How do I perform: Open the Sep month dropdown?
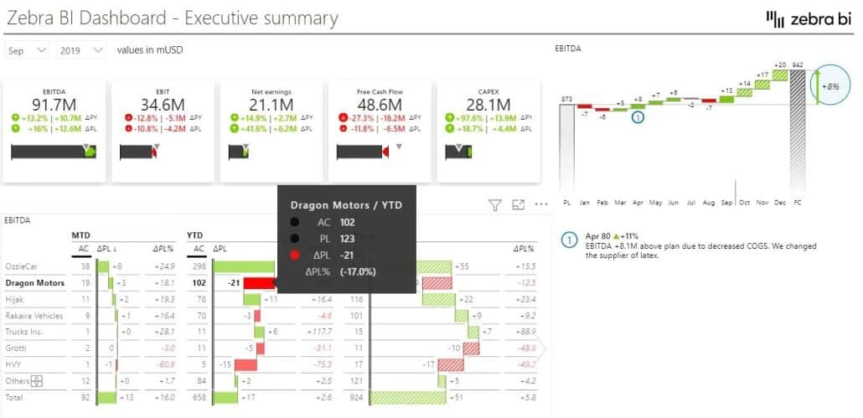28,50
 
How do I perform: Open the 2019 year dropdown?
81,50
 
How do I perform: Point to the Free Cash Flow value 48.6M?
380,105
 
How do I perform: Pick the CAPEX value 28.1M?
488,105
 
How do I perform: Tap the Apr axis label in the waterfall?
638,202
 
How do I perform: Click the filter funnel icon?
494,204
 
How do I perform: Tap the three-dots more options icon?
540,204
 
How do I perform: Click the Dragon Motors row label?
34,283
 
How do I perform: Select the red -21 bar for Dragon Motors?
259,283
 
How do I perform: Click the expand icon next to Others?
36,381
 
